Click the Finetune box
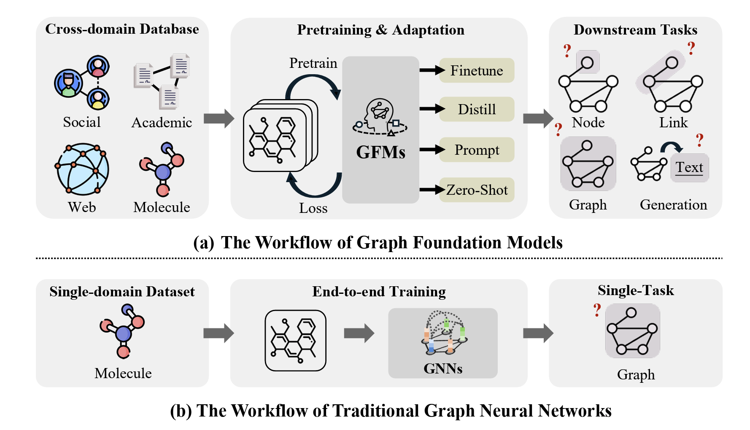click(x=477, y=70)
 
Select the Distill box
click(x=477, y=109)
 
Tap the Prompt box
click(x=477, y=150)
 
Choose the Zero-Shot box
click(x=477, y=190)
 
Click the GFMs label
click(x=380, y=152)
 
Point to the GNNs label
click(x=443, y=368)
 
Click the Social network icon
click(x=82, y=83)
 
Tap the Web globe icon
click(x=82, y=169)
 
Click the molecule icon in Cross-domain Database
click(x=162, y=169)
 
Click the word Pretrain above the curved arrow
click(x=313, y=63)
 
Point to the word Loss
click(x=313, y=208)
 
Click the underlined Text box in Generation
click(x=689, y=168)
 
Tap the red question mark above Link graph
click(x=691, y=48)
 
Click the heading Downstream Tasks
click(x=635, y=30)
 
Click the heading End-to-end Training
click(x=379, y=292)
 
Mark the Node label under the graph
click(x=588, y=123)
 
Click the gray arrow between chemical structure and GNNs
click(x=359, y=333)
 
